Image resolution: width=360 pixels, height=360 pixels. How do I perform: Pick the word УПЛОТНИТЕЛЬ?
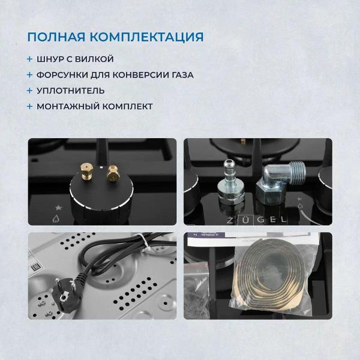pos(70,91)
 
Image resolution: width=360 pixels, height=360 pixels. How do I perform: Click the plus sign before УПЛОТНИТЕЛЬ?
pos(30,91)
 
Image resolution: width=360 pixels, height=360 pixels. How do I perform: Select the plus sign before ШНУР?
pos(30,59)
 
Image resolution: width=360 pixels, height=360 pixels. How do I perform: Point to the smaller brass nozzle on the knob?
pos(112,174)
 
